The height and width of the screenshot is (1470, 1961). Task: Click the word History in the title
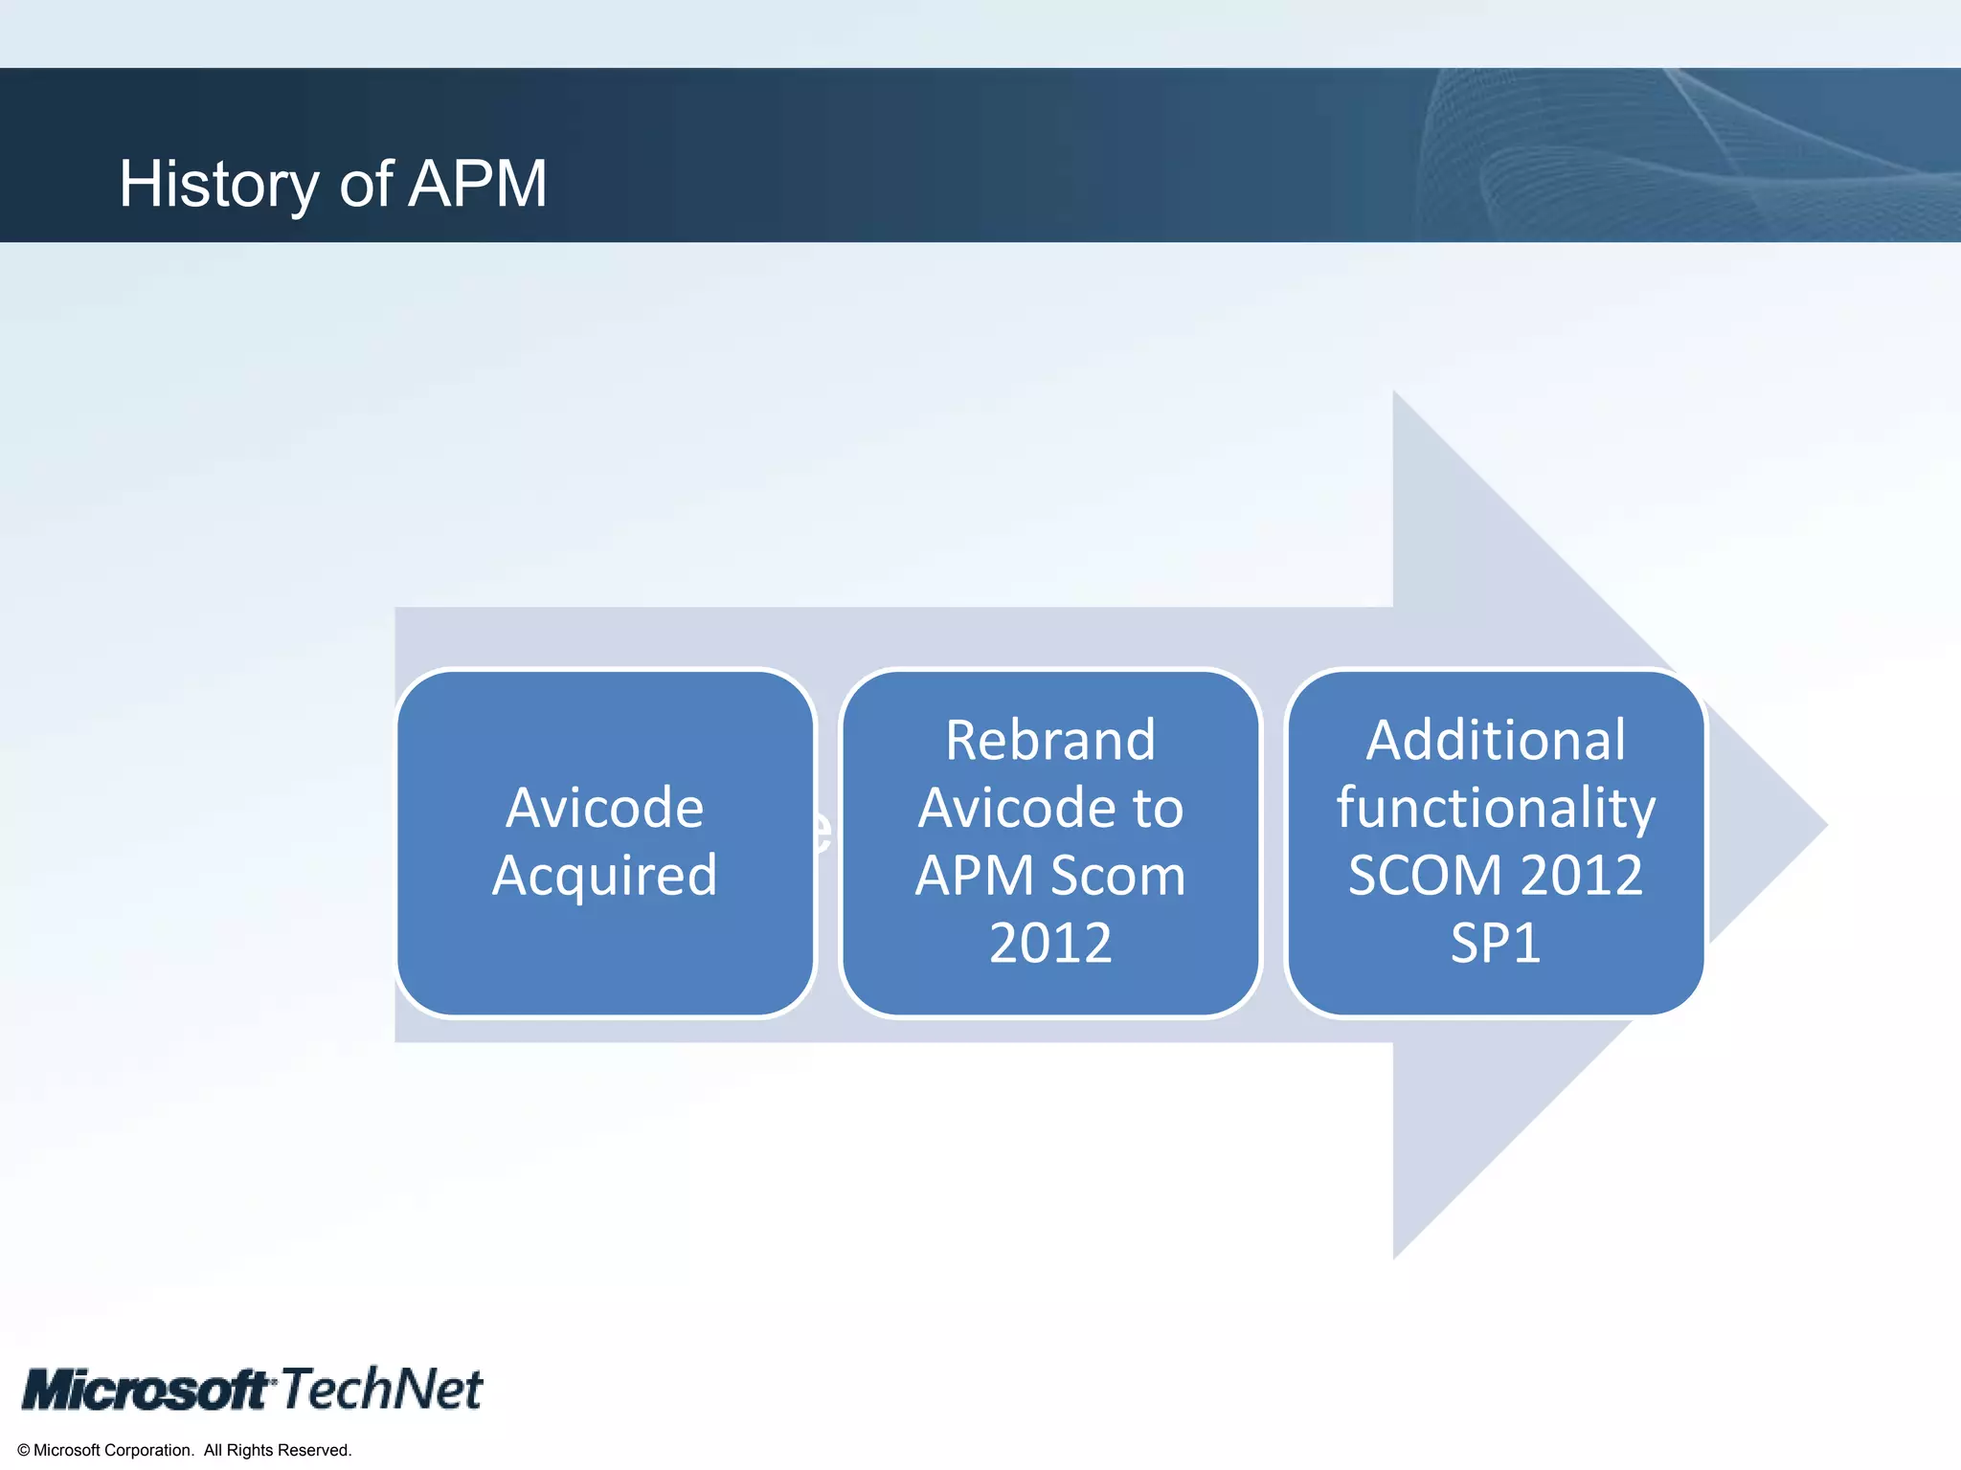pos(218,184)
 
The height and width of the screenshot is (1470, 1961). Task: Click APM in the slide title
pos(477,184)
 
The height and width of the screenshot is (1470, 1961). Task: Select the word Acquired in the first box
pos(604,876)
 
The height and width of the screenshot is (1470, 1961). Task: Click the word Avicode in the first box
pos(604,808)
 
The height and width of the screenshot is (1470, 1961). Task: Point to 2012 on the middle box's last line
pos(1050,943)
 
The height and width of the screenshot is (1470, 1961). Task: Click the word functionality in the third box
pos(1495,808)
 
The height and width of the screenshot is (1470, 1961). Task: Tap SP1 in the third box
pos(1495,943)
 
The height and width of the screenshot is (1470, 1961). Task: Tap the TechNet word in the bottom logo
pos(382,1389)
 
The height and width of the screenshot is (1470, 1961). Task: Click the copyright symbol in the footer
pos(24,1451)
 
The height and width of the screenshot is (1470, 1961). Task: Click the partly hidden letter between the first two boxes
pos(823,831)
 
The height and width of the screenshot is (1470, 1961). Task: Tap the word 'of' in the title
pos(366,184)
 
